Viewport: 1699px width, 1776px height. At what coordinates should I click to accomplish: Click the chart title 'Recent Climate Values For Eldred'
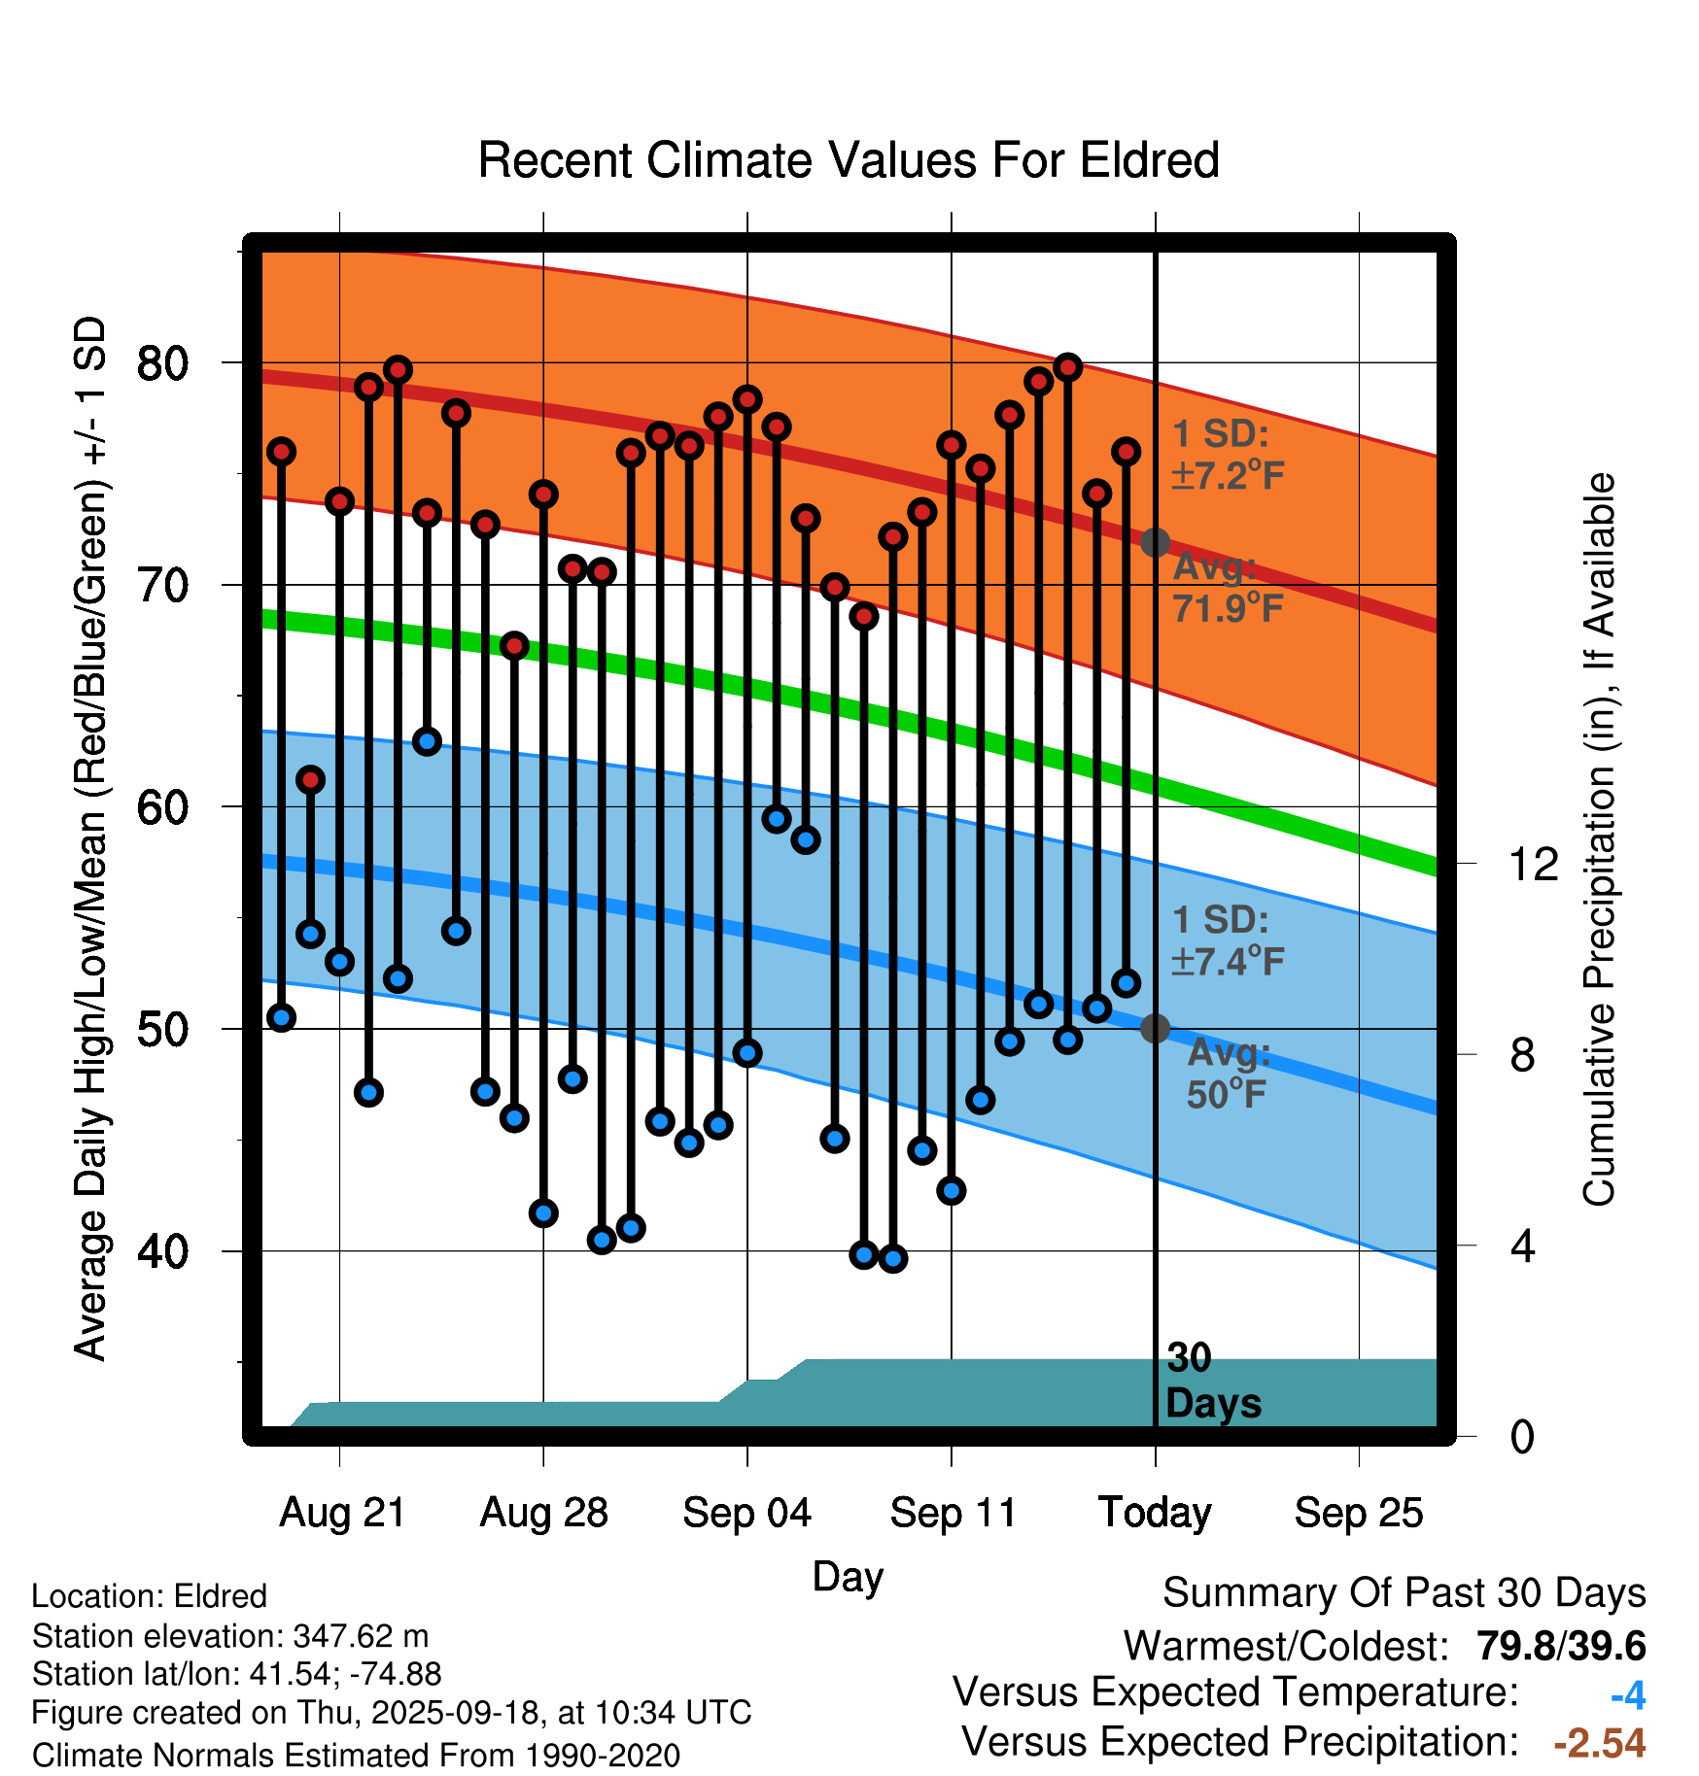849,160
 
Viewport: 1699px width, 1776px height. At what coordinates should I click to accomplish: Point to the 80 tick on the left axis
162,363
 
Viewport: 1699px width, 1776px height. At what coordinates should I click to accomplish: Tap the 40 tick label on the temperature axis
162,1251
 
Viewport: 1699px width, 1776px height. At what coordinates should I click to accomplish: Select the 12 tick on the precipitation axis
1534,864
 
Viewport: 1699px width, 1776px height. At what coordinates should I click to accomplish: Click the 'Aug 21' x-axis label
342,1513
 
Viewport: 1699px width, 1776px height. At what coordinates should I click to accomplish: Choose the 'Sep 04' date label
746,1513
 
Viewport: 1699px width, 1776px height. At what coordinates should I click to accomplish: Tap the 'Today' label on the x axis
1155,1513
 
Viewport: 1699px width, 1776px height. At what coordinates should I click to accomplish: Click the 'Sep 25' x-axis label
1359,1513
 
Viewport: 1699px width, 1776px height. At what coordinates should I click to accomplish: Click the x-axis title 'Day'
848,1576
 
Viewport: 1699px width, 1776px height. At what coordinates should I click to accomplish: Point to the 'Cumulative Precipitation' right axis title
1599,839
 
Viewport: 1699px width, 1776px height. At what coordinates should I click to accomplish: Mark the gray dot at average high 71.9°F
1155,542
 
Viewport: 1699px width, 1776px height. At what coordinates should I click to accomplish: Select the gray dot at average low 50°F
1155,1028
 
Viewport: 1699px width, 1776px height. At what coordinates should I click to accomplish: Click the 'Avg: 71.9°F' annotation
1228,587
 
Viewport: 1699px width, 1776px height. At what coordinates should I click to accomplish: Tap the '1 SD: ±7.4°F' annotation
1228,940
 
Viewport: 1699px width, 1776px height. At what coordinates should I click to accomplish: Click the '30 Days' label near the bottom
1212,1381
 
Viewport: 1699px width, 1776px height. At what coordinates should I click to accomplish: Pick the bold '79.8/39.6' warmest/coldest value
1561,1647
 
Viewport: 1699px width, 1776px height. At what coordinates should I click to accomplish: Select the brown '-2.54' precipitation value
1600,1743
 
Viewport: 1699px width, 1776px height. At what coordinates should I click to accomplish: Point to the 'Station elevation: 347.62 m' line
230,1636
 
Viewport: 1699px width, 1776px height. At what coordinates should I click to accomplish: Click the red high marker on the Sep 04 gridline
747,399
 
